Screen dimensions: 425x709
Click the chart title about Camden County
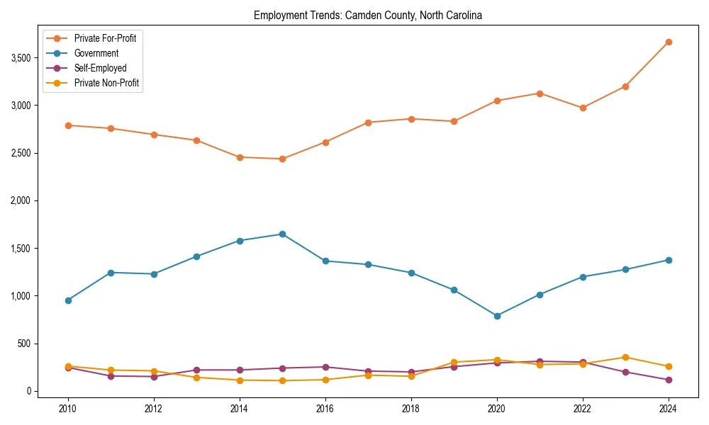[367, 16]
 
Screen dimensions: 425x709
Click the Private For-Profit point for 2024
[669, 42]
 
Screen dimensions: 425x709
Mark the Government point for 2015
[282, 234]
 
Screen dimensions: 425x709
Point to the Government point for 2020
[497, 316]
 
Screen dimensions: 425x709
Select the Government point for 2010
[68, 300]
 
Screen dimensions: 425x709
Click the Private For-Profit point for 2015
[282, 159]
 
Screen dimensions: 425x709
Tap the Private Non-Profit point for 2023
[625, 357]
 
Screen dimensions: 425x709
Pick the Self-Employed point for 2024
[669, 380]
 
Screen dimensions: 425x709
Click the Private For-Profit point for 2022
[583, 108]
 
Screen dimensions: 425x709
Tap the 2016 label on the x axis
[325, 409]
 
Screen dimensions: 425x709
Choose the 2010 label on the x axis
[68, 409]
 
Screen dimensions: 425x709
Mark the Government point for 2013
[196, 256]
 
